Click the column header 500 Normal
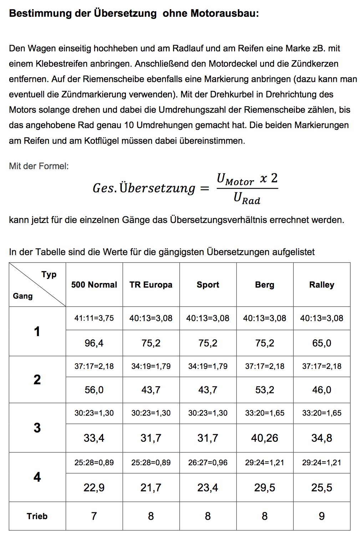click(x=94, y=285)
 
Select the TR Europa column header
click(x=151, y=285)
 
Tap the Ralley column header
click(x=322, y=285)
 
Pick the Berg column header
click(x=265, y=285)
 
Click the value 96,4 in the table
click(x=94, y=343)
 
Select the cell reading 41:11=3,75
click(x=94, y=318)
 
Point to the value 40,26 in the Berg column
click(x=265, y=438)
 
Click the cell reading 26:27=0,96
click(x=208, y=462)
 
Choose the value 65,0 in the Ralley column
click(x=322, y=343)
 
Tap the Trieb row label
click(x=37, y=516)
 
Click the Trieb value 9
click(x=322, y=516)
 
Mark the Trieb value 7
click(x=94, y=516)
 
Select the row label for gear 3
click(x=37, y=428)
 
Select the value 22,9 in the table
click(x=94, y=488)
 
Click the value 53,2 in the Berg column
click(x=265, y=390)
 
